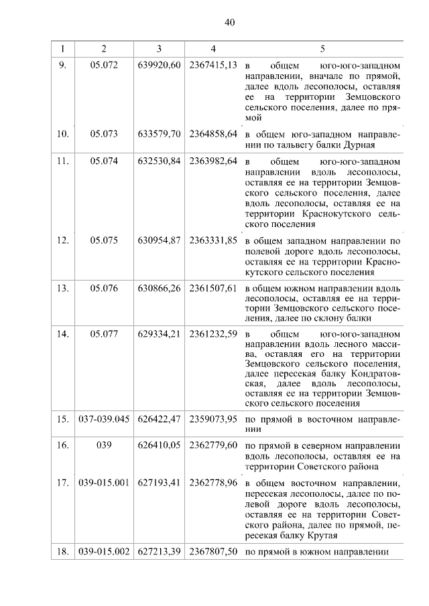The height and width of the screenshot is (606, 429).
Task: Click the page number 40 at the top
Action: coord(229,22)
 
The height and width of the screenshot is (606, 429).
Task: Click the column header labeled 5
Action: coord(322,49)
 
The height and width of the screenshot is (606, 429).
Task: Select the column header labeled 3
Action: coord(159,49)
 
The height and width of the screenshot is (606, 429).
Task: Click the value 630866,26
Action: coord(160,289)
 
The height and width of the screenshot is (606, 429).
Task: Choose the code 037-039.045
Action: coord(104,420)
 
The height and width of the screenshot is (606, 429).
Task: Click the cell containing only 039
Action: coord(104,444)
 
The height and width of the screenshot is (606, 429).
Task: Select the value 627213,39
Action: coord(160,552)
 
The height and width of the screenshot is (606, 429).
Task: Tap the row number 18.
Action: coord(63,552)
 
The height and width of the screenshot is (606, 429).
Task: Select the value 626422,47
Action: coord(160,420)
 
